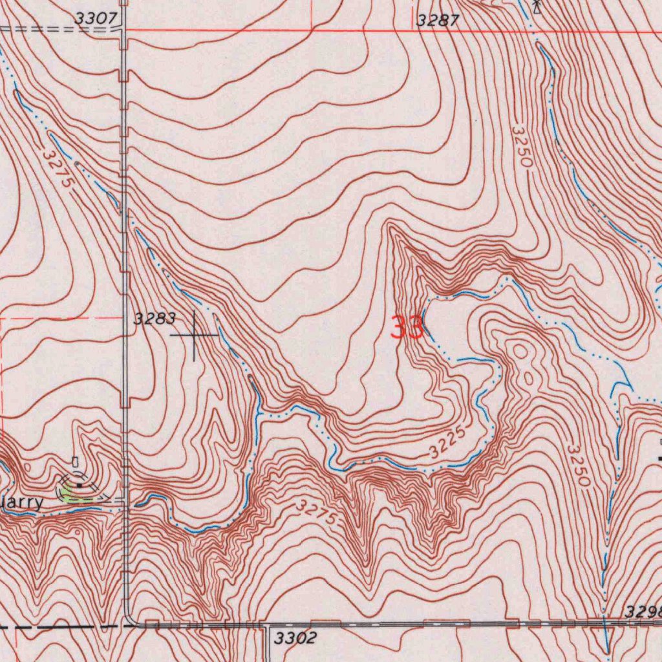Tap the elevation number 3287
pyautogui.click(x=437, y=21)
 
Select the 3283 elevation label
pyautogui.click(x=154, y=318)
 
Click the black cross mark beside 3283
pyautogui.click(x=194, y=336)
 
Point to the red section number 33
pyautogui.click(x=407, y=328)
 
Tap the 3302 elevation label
pyautogui.click(x=295, y=639)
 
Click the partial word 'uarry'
pyautogui.click(x=22, y=503)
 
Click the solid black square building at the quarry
pyautogui.click(x=79, y=484)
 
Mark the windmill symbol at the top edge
pyautogui.click(x=536, y=6)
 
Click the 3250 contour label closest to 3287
pyautogui.click(x=522, y=147)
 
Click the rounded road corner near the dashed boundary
pyautogui.click(x=129, y=619)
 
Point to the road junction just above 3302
pyautogui.click(x=263, y=625)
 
